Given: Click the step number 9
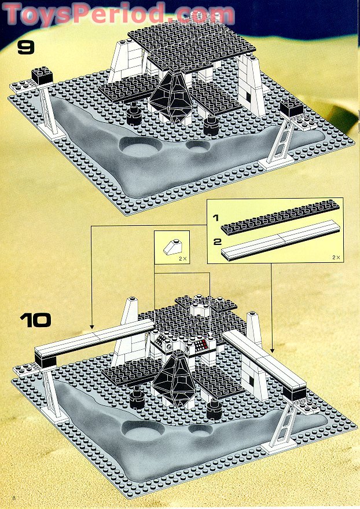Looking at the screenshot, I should pos(26,46).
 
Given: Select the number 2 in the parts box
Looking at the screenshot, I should pos(216,241).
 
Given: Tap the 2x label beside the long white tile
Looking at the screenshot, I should pos(335,256).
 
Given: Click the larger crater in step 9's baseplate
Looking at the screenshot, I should pos(140,150).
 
